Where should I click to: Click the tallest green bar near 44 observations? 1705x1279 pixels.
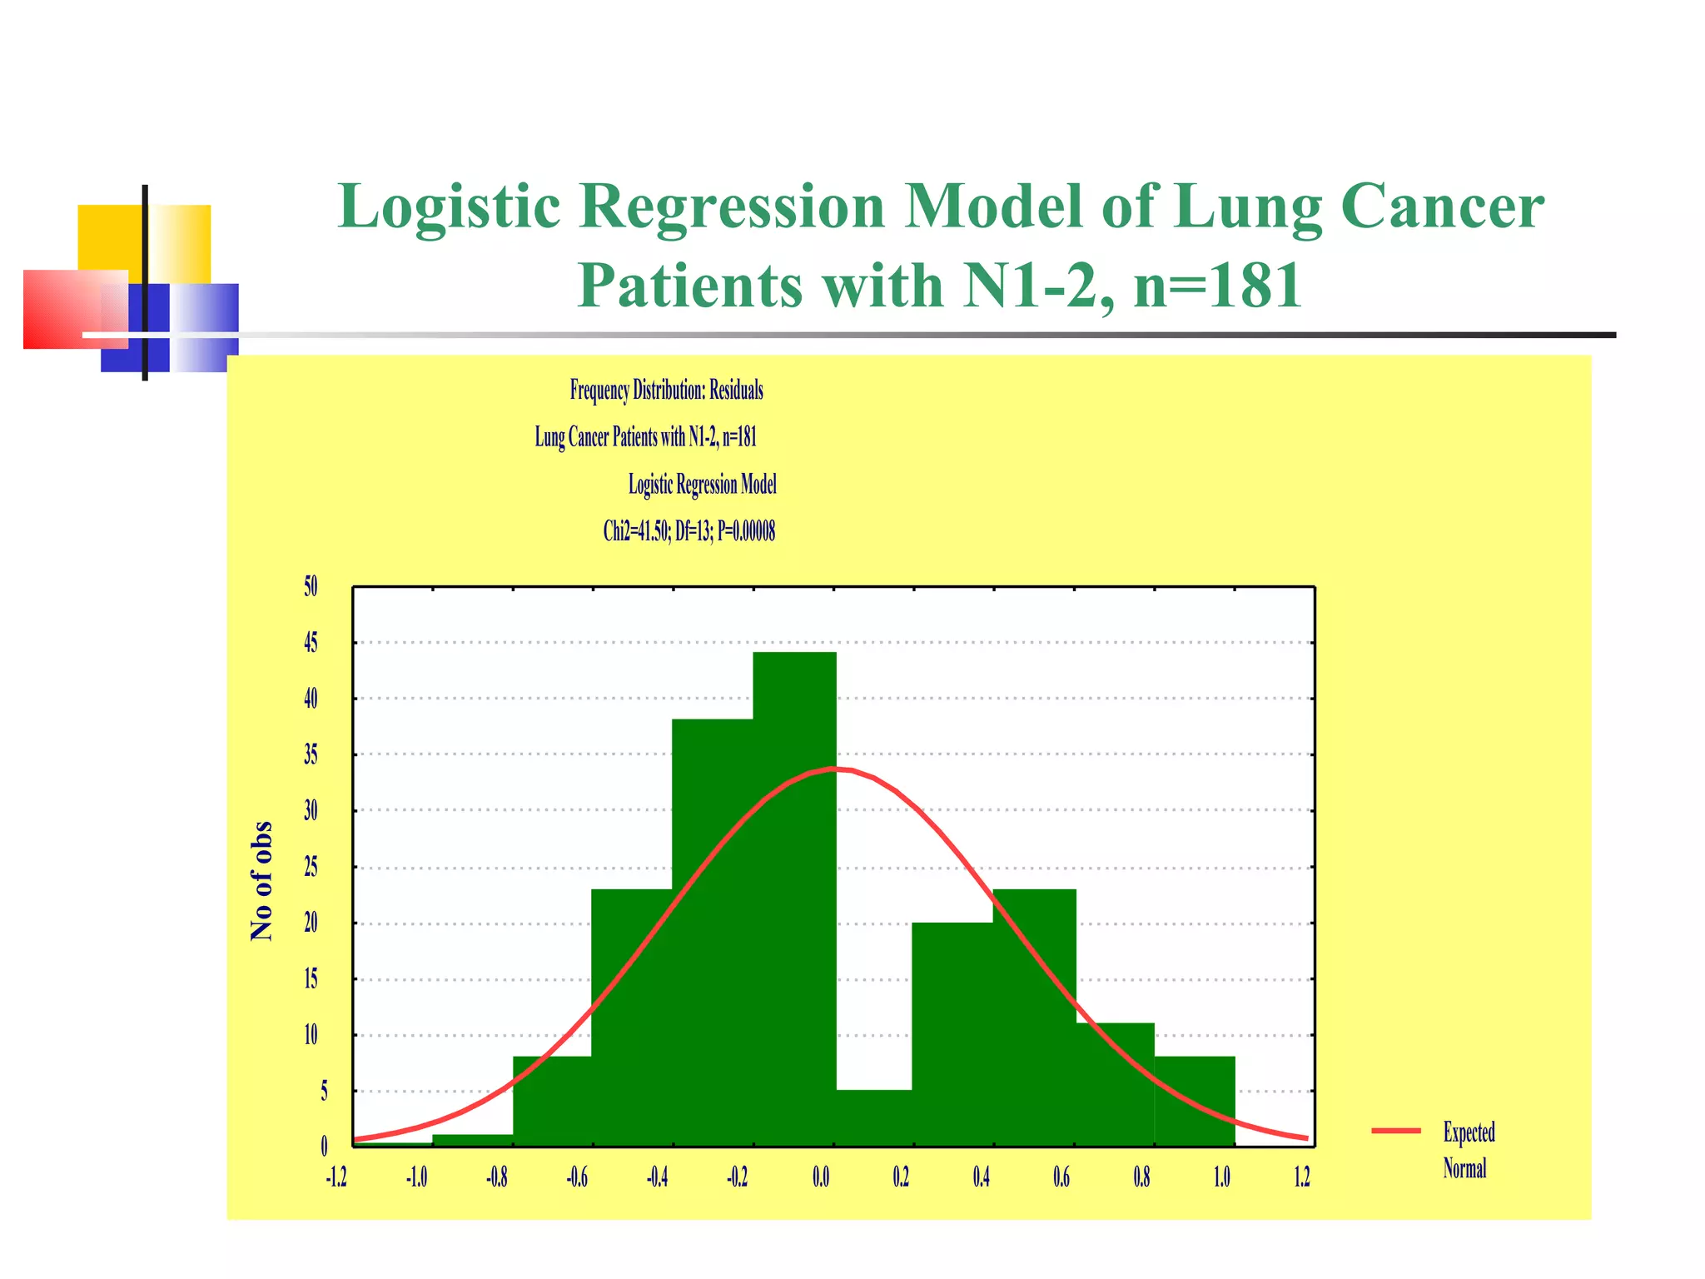[x=794, y=899]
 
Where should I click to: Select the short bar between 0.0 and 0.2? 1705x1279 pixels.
[x=873, y=1117]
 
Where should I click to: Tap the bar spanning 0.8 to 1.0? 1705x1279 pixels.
[x=1195, y=1101]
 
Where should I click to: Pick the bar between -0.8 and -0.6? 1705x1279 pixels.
[x=552, y=1101]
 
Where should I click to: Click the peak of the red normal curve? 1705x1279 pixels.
[x=837, y=769]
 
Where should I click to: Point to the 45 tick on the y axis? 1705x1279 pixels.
[x=311, y=643]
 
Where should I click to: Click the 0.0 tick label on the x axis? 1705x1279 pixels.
[x=821, y=1177]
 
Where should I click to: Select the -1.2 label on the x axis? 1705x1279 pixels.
[x=336, y=1177]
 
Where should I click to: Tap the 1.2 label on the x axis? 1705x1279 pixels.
[x=1302, y=1177]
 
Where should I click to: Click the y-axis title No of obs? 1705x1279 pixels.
[x=261, y=881]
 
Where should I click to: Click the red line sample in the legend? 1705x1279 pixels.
[x=1396, y=1131]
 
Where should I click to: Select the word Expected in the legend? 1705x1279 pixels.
[x=1469, y=1132]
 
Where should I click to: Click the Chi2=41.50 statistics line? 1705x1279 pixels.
[x=688, y=531]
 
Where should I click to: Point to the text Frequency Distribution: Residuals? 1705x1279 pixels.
[x=666, y=390]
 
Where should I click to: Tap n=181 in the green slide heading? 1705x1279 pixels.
[x=1217, y=285]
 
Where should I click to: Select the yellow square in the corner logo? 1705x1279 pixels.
[x=110, y=237]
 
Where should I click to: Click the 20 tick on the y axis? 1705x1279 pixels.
[x=311, y=923]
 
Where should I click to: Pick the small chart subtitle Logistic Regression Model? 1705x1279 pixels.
[x=702, y=485]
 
